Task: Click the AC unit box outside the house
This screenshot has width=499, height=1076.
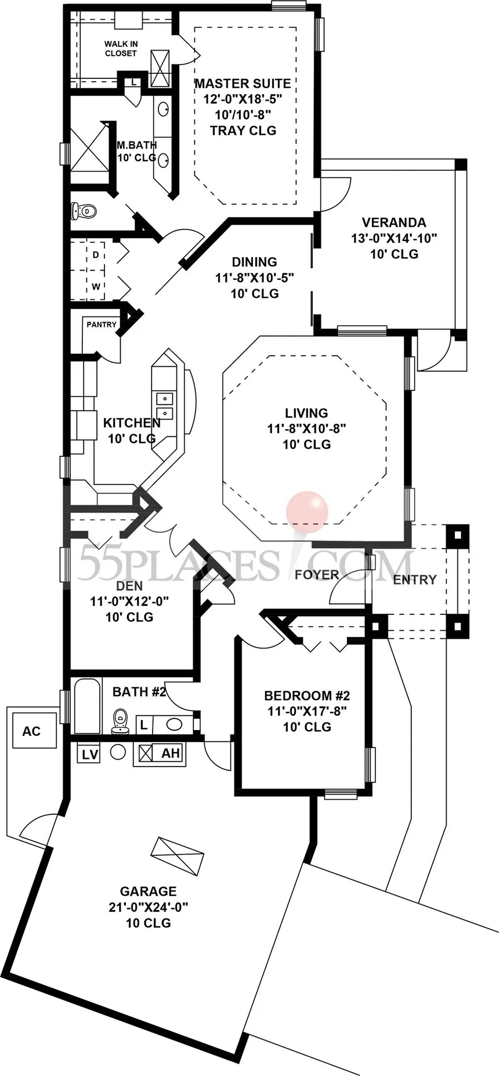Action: point(31,730)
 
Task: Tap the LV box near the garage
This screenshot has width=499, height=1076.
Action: point(89,754)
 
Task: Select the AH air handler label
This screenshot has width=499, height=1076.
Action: point(171,754)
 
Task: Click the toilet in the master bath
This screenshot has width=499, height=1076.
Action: point(81,211)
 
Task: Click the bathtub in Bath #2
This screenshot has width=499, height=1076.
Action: point(88,706)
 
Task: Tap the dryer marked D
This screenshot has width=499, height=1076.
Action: point(95,255)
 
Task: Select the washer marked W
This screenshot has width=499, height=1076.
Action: point(95,286)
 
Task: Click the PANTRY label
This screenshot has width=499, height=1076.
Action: point(102,325)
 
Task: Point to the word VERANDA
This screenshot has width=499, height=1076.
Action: point(393,222)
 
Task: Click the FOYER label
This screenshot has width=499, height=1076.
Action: point(317,575)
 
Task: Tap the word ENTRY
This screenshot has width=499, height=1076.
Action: point(414,580)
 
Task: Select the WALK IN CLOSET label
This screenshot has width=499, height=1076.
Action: point(121,48)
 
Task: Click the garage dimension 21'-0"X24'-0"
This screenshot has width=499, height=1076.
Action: point(149,907)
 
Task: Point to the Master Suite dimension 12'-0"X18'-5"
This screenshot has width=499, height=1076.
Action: point(243,99)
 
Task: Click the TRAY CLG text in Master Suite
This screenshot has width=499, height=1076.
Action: point(243,131)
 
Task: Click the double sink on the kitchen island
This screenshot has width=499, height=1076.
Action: point(165,405)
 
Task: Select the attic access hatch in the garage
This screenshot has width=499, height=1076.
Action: point(177,855)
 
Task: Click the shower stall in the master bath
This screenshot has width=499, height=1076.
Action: point(89,147)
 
